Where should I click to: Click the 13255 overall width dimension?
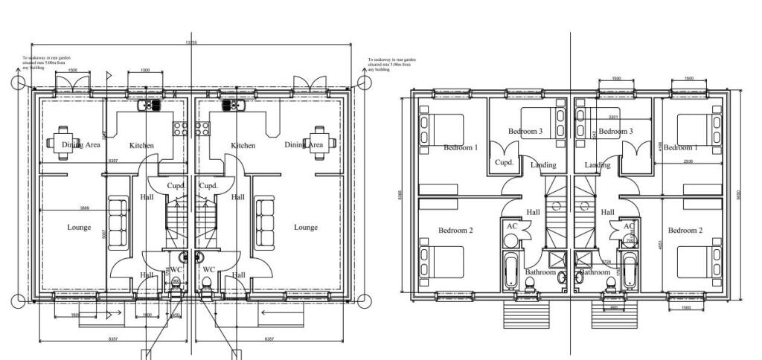(x=191, y=43)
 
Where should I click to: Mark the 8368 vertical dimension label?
(x=400, y=195)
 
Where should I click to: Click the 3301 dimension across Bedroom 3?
(x=612, y=118)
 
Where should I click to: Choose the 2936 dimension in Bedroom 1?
(x=685, y=161)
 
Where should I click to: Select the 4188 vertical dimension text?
(x=659, y=146)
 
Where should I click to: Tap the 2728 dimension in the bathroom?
(x=606, y=262)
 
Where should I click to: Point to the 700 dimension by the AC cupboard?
(x=629, y=241)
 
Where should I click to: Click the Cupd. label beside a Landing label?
(x=505, y=162)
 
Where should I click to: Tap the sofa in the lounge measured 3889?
(x=118, y=223)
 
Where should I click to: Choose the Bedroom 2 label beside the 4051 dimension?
(x=685, y=231)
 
